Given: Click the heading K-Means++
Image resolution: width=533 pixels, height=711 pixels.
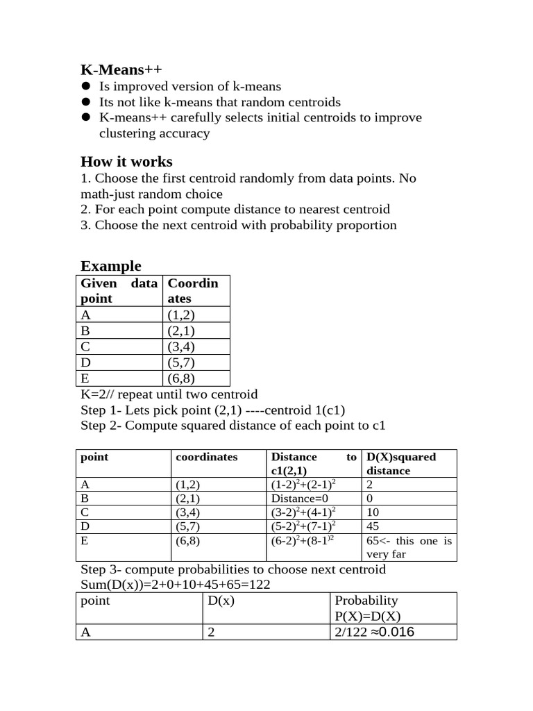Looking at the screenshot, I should (x=121, y=69).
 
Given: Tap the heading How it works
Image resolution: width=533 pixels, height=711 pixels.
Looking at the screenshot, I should (x=126, y=162).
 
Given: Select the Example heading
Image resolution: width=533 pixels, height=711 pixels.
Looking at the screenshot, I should (x=111, y=266).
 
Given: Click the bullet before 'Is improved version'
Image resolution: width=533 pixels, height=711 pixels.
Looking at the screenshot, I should (x=86, y=87).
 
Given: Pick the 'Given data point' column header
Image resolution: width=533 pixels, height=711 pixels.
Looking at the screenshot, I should (x=119, y=291).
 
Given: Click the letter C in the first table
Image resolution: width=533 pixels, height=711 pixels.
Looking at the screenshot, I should (x=86, y=346).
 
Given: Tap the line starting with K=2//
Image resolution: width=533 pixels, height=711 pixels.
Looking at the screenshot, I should (x=169, y=394).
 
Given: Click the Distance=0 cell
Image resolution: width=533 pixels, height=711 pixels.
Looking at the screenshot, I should (x=299, y=499).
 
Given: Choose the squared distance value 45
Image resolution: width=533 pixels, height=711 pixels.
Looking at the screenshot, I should (x=373, y=526).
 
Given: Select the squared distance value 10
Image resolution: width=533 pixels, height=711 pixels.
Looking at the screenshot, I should (x=373, y=512).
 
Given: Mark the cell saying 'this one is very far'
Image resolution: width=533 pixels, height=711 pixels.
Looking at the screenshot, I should (x=409, y=547).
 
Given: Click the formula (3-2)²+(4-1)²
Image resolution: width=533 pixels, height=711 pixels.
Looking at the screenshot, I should (x=303, y=512).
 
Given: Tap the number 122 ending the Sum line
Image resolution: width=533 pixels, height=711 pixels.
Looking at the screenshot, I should (x=258, y=585).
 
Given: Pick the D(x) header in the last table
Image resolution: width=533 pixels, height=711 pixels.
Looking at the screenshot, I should (x=221, y=601).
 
